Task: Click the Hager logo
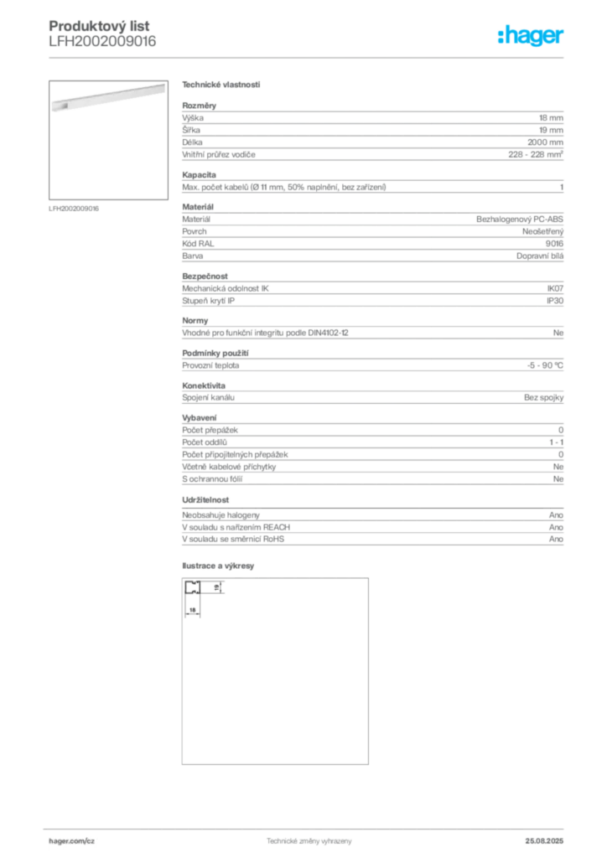click(x=530, y=35)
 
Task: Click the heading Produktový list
click(x=99, y=26)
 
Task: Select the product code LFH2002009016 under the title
click(x=102, y=42)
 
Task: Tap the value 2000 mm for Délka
click(x=545, y=142)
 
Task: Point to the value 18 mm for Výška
click(x=551, y=117)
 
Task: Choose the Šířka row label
click(x=191, y=130)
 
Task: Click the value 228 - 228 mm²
click(x=535, y=154)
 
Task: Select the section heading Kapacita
click(x=200, y=175)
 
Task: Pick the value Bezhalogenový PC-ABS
click(x=520, y=219)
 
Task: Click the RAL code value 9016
click(x=554, y=244)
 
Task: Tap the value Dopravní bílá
click(x=540, y=256)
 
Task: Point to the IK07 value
click(x=555, y=288)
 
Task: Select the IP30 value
click(x=555, y=301)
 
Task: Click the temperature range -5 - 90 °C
click(x=545, y=365)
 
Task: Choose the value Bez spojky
click(x=543, y=397)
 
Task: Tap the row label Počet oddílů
click(x=205, y=442)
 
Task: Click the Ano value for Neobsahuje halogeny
click(x=556, y=515)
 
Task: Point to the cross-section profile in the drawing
click(x=193, y=587)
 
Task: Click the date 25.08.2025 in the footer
click(x=544, y=841)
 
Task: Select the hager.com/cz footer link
click(x=72, y=841)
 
